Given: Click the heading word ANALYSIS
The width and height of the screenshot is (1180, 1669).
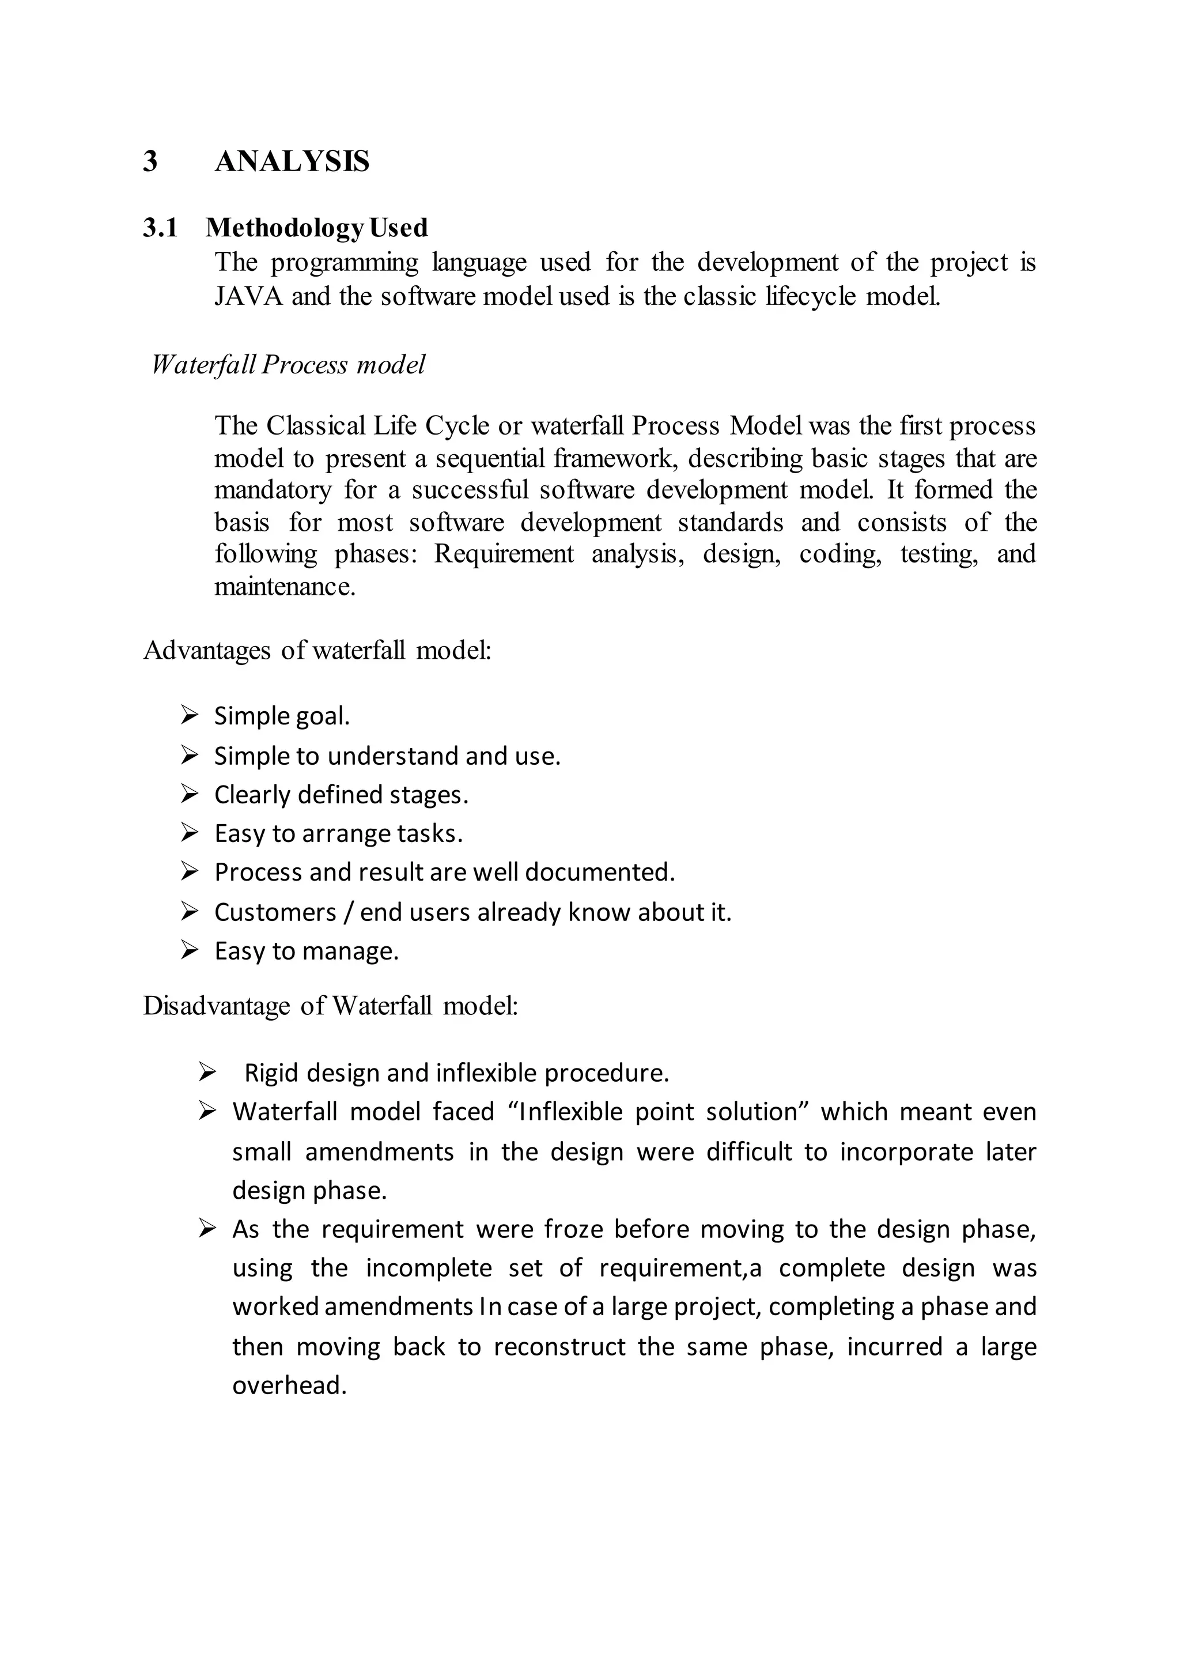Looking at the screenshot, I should [x=292, y=161].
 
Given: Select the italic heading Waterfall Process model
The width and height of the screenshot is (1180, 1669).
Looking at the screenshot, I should [x=288, y=364].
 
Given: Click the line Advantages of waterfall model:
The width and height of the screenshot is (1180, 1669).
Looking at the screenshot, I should [x=317, y=650].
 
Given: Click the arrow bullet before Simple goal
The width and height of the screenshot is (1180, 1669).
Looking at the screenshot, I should [x=190, y=715].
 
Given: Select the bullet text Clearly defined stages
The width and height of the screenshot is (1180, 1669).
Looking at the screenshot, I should [x=342, y=795].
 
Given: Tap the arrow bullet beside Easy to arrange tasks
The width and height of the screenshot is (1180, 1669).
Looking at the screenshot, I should [x=190, y=832].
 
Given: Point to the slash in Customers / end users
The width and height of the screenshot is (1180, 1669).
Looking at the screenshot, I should [x=348, y=912].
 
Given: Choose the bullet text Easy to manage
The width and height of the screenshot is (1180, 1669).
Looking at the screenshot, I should [x=307, y=951].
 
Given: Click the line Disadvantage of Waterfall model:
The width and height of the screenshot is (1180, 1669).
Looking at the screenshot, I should [x=331, y=1006].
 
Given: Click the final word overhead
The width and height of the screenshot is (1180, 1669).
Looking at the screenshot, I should [x=289, y=1385].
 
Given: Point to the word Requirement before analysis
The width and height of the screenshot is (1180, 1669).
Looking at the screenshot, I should [x=504, y=554].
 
